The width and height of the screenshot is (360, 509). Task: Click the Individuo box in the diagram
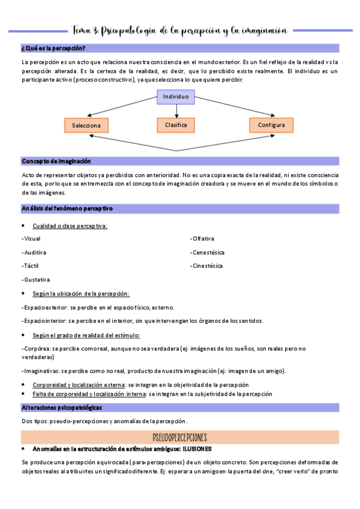pyautogui.click(x=176, y=97)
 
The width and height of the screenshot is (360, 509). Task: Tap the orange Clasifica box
pyautogui.click(x=176, y=125)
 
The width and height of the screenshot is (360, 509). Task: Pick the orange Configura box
pyautogui.click(x=271, y=125)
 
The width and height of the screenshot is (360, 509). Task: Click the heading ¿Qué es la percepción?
pyautogui.click(x=53, y=48)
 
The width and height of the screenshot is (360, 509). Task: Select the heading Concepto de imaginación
pyautogui.click(x=56, y=161)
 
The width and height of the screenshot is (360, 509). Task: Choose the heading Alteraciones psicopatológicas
pyautogui.click(x=62, y=408)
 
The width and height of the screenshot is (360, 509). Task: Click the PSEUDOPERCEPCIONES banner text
pyautogui.click(x=180, y=436)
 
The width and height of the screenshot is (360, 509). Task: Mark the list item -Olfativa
pyautogui.click(x=202, y=238)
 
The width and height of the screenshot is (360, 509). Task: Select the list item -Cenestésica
pyautogui.click(x=207, y=252)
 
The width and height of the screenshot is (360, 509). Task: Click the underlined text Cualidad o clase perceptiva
pyautogui.click(x=70, y=225)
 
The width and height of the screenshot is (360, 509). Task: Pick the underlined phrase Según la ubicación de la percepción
pyautogui.click(x=81, y=294)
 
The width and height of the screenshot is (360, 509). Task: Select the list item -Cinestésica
pyautogui.click(x=206, y=265)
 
